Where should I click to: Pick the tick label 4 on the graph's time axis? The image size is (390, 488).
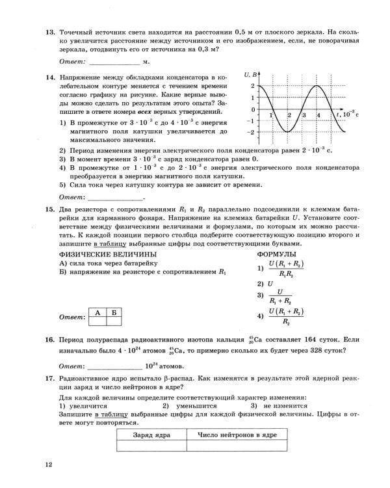coord(318,115)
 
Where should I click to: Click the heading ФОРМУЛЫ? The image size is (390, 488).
coord(277,254)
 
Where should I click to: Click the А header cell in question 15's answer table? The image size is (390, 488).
coord(97,313)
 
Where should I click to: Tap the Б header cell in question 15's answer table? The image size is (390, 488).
coord(114,313)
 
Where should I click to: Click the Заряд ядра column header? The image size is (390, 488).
coord(151,434)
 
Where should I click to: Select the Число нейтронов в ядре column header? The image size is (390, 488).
coord(237,434)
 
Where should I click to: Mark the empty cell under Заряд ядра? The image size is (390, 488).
coord(151,446)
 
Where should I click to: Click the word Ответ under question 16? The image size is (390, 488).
coord(71,366)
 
